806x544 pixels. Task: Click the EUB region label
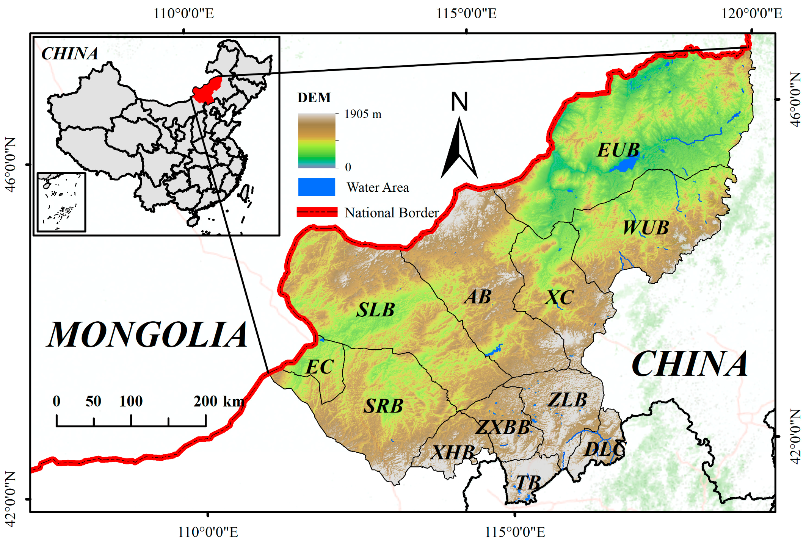coord(618,150)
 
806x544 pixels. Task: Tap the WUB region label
coord(646,228)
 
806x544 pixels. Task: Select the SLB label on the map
coord(375,310)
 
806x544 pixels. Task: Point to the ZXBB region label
coord(503,427)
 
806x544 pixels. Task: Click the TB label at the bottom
coord(528,483)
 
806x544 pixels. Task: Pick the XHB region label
coord(453,452)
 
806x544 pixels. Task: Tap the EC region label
coord(320,367)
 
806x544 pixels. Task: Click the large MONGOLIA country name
coord(147,335)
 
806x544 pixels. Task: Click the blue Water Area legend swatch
coord(317,187)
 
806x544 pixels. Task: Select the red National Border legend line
coord(317,212)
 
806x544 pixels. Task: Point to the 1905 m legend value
coord(363,114)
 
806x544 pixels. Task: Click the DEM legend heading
coord(314,98)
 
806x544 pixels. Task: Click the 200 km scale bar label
coord(219,401)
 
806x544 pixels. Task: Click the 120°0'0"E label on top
coord(751,14)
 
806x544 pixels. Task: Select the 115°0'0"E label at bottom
coord(515,532)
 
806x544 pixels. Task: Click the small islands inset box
coord(61,202)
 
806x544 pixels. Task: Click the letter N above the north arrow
coord(459,102)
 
